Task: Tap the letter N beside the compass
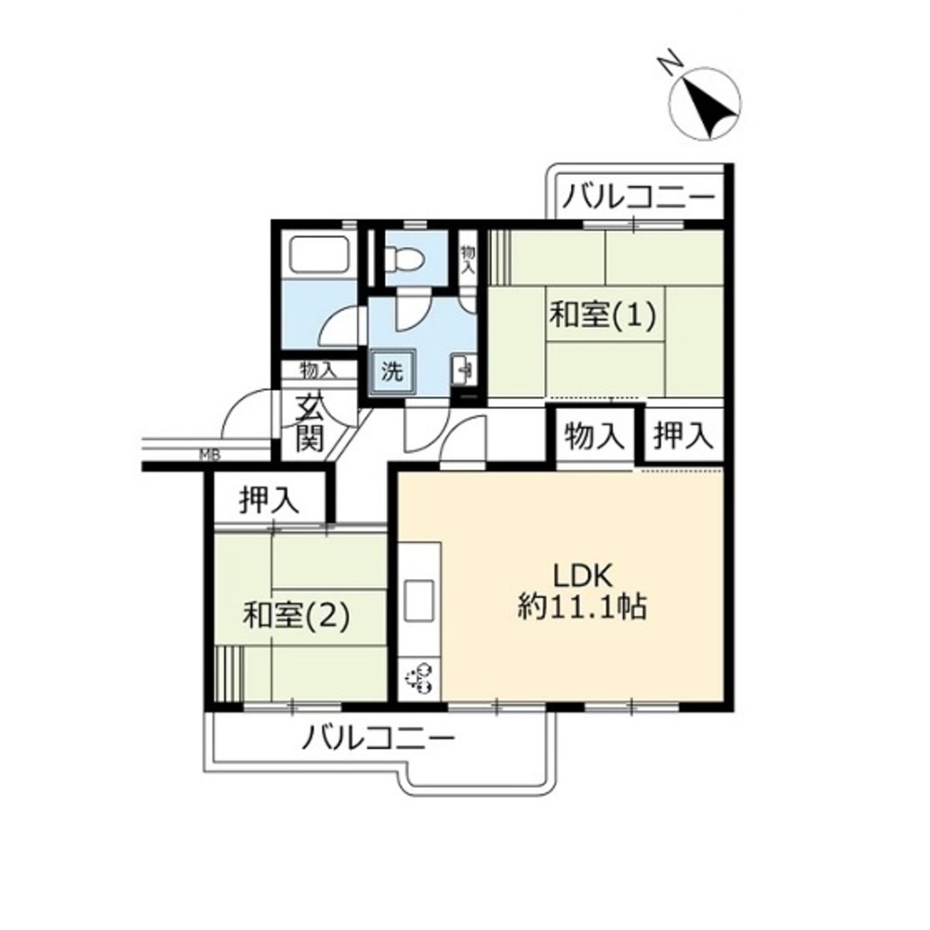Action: point(670,62)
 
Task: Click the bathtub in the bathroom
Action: point(317,255)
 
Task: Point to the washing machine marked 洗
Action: point(392,372)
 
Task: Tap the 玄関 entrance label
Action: point(310,423)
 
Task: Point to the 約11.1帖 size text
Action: point(582,606)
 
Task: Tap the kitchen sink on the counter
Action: point(418,601)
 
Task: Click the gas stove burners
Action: point(418,679)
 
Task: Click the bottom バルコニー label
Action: point(378,739)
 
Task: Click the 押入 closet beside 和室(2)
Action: point(269,499)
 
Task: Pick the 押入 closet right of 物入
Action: point(683,436)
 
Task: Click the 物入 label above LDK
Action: point(594,436)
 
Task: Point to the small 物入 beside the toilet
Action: point(469,259)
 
